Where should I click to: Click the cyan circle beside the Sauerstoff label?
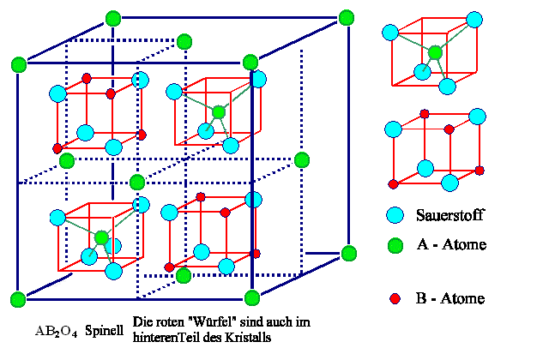click(395, 215)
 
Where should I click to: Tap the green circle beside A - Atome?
click(395, 245)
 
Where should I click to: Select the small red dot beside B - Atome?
click(395, 298)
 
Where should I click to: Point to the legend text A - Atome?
click(451, 245)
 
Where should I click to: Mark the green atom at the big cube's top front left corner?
click(18, 63)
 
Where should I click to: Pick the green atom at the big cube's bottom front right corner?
click(252, 297)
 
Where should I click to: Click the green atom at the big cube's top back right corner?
click(347, 17)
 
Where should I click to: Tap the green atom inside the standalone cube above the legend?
click(436, 52)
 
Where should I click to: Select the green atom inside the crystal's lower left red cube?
click(102, 237)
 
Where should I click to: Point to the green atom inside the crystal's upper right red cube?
click(220, 111)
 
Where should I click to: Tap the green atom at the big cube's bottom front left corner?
click(18, 298)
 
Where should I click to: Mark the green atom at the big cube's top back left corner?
click(112, 17)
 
